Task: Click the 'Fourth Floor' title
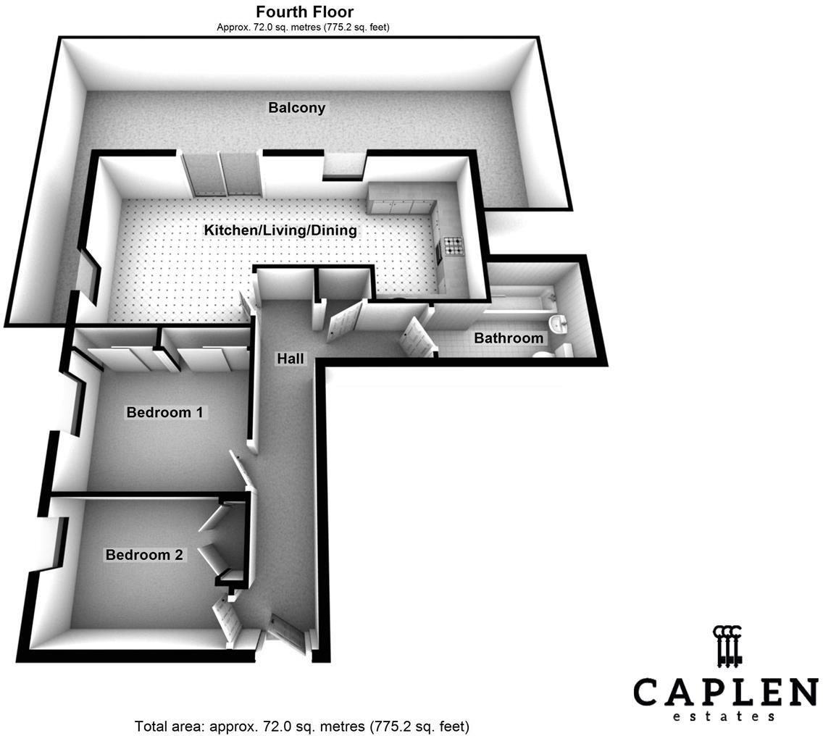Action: point(304,12)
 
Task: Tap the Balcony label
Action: point(297,108)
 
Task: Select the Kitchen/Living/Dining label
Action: point(280,230)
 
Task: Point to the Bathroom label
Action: point(509,338)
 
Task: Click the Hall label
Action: point(291,359)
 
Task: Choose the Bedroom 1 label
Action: point(164,413)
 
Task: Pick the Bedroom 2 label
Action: point(144,556)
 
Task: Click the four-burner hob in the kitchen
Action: point(454,246)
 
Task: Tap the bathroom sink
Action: point(559,324)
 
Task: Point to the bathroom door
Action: point(416,338)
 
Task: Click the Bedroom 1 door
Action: point(240,471)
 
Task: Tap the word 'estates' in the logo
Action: point(725,716)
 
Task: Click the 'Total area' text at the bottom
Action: point(302,726)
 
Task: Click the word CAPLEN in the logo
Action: point(725,692)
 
